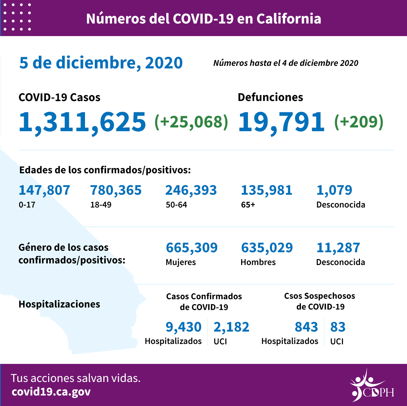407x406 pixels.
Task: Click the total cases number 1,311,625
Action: [82, 122]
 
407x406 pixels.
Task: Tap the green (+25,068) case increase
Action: [191, 122]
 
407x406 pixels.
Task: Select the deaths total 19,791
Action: [281, 122]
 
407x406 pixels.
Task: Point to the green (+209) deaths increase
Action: [359, 122]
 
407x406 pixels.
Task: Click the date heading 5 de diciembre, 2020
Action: [101, 63]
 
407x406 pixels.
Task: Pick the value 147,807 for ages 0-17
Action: [44, 190]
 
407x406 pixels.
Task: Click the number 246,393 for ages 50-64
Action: [191, 190]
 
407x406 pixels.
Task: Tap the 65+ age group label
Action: [248, 205]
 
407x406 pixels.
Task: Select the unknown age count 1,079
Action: [334, 190]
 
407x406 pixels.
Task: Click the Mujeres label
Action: [181, 262]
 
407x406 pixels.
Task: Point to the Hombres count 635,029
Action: [267, 248]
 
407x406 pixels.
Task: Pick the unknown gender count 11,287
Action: [338, 248]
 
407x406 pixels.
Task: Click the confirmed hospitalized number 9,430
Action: [184, 327]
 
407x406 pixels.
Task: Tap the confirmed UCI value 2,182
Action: [231, 327]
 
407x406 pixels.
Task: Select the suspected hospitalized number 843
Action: [306, 327]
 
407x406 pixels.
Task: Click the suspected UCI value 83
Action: [338, 327]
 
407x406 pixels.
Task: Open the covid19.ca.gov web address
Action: [51, 392]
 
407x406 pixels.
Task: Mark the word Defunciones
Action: [270, 97]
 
